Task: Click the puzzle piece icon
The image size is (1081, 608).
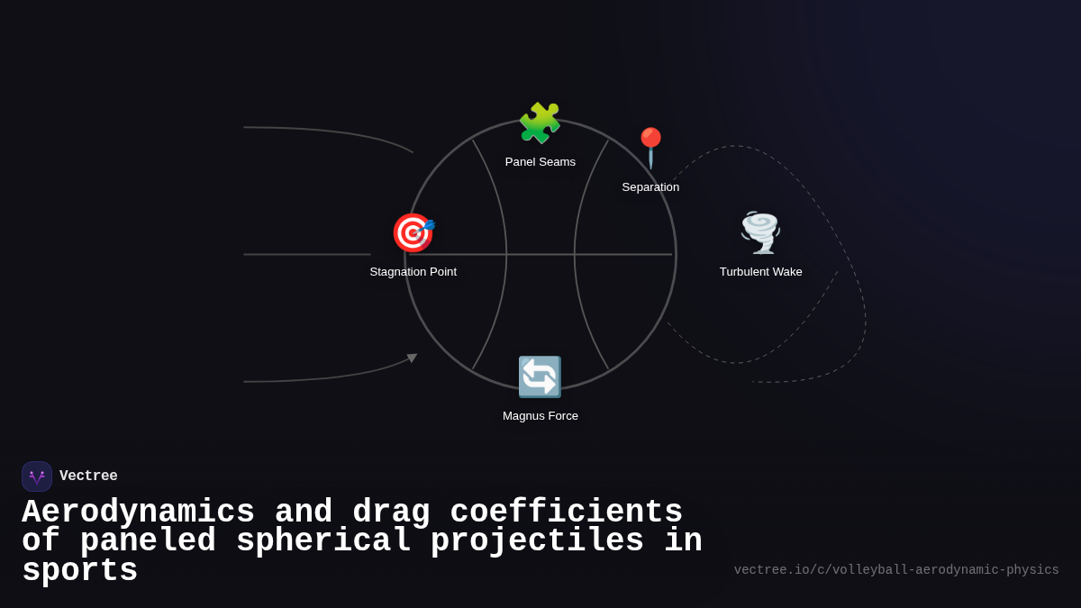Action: [x=540, y=123]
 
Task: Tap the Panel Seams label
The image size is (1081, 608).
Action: [x=540, y=162]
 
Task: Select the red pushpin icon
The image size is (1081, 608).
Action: [x=650, y=147]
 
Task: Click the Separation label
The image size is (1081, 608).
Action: [x=650, y=187]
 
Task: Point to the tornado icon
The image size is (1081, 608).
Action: [x=760, y=232]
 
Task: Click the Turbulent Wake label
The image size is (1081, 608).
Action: [x=760, y=272]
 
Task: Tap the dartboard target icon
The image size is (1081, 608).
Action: [x=413, y=232]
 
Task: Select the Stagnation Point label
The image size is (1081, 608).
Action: [x=413, y=272]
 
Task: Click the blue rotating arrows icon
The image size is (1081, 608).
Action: [x=540, y=377]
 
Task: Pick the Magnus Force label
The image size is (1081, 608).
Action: [x=540, y=416]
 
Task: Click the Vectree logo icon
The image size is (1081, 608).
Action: [x=37, y=476]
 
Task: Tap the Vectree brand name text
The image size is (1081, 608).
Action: [x=88, y=476]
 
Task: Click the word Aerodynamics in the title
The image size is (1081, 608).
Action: [x=138, y=513]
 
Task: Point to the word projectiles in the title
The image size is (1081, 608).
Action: [x=537, y=541]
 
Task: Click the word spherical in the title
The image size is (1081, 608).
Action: [x=323, y=541]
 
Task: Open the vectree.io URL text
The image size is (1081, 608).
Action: [x=896, y=570]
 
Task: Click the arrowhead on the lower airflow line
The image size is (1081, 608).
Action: [x=413, y=358]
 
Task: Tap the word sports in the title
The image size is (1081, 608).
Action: [x=79, y=571]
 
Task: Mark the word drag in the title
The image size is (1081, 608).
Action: [x=391, y=513]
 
